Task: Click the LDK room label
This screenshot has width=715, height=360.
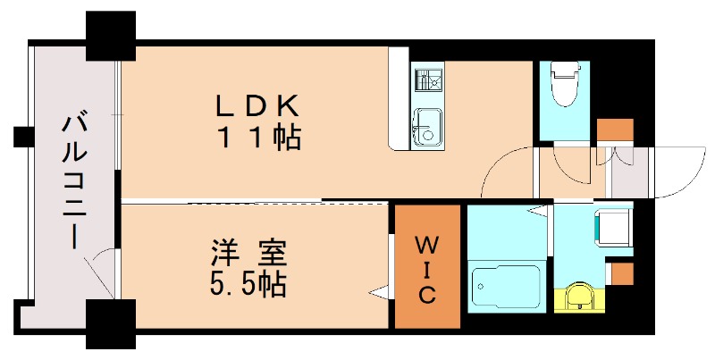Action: [x=256, y=105]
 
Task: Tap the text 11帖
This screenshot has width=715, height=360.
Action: [x=257, y=139]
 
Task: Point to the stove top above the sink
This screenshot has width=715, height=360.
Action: [x=427, y=80]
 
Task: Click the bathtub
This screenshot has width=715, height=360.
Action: [x=505, y=288]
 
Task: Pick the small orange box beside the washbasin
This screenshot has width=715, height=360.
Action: [x=621, y=272]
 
